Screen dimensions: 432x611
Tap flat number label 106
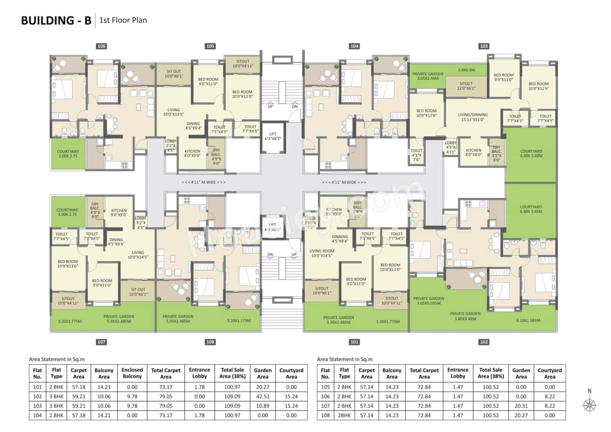(101, 46)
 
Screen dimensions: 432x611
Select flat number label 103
(484, 46)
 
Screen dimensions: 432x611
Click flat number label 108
(210, 342)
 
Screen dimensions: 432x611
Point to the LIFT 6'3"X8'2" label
(273, 136)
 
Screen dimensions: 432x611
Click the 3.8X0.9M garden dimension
(466, 70)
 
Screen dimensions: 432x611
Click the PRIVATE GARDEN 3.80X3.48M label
(465, 316)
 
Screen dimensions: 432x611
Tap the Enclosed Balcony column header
(132, 373)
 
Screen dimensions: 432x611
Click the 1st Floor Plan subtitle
(123, 21)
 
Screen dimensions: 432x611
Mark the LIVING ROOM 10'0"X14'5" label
(322, 253)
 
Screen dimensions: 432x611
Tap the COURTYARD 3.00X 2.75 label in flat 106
(67, 154)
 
